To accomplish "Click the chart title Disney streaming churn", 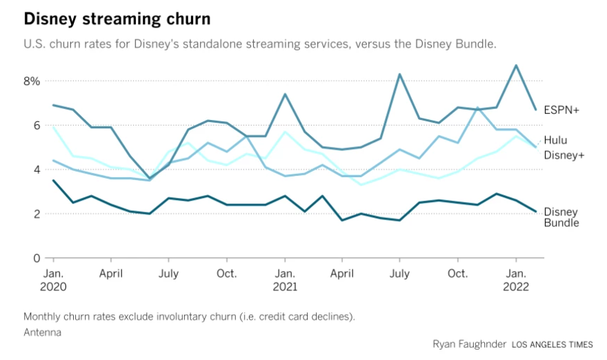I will [x=117, y=18].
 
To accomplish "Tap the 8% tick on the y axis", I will [x=32, y=81].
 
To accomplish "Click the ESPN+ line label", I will [x=561, y=110].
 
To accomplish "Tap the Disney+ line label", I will [x=564, y=155].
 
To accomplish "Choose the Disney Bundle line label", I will [x=561, y=217].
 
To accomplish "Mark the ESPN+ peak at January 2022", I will [x=516, y=66].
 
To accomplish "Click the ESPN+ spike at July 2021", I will [x=399, y=74].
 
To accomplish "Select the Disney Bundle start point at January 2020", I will [x=53, y=181].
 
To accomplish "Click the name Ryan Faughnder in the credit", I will [x=469, y=343].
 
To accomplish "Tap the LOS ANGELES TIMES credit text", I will [x=553, y=343].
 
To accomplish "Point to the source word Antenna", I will [x=42, y=332].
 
